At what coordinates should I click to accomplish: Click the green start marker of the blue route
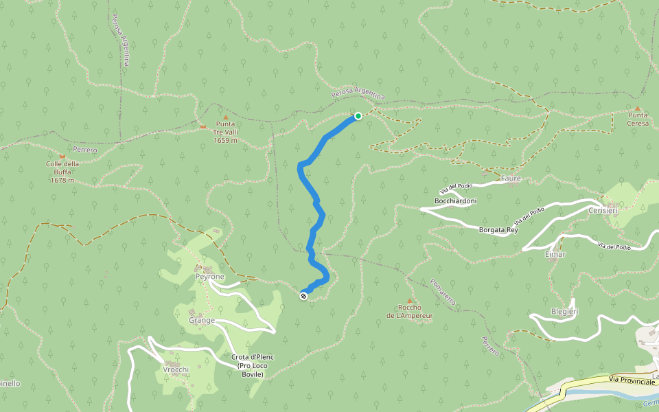click(358, 116)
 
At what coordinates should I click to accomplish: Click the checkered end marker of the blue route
click(303, 296)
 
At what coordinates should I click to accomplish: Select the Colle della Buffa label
click(62, 172)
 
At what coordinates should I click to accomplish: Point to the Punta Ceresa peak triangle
click(638, 108)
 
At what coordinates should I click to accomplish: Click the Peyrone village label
click(209, 276)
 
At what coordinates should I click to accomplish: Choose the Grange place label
click(203, 320)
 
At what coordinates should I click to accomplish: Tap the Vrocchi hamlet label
click(176, 369)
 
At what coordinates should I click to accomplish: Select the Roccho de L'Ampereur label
click(409, 312)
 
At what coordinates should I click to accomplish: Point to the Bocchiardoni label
click(455, 201)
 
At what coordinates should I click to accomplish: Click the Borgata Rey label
click(498, 231)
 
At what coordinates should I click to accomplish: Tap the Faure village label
click(511, 179)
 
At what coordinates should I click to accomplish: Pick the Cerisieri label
click(603, 211)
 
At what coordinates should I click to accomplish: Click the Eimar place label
click(555, 254)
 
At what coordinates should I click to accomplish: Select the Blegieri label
click(564, 311)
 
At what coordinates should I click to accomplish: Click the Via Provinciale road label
click(632, 380)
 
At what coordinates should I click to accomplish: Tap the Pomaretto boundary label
click(443, 292)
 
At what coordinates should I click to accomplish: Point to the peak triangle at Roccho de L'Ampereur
click(409, 301)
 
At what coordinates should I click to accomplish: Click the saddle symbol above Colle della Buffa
click(62, 156)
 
